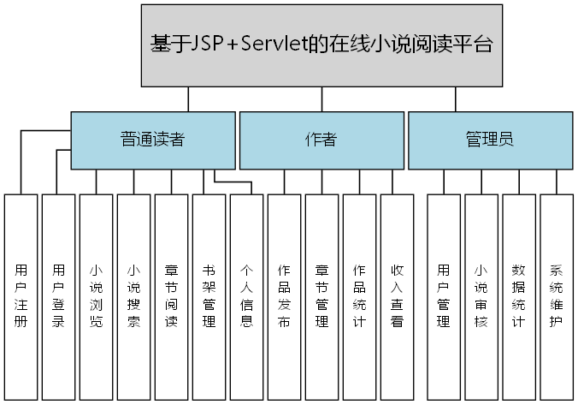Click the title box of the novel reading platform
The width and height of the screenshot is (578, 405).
(x=321, y=45)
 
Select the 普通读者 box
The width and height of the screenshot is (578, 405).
(x=152, y=140)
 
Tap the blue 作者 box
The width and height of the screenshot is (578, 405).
(x=321, y=140)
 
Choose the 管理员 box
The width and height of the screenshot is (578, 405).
(x=489, y=140)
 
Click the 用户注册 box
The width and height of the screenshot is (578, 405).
(x=21, y=296)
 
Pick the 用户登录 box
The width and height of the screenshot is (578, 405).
(x=59, y=296)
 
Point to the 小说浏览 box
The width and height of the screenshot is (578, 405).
(x=97, y=296)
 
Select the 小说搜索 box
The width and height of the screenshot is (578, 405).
(x=134, y=296)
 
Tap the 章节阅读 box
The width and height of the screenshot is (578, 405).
(x=172, y=296)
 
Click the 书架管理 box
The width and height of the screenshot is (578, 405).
(x=209, y=296)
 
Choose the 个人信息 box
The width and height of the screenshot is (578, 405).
(x=247, y=296)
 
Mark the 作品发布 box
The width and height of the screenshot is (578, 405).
(x=285, y=296)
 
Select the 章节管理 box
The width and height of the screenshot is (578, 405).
(x=322, y=296)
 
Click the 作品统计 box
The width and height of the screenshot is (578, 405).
(x=360, y=296)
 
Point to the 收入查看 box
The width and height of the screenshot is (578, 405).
(x=398, y=296)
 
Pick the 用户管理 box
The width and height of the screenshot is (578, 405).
(x=444, y=296)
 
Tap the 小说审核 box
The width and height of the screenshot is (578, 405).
(x=481, y=296)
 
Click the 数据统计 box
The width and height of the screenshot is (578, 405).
(x=519, y=296)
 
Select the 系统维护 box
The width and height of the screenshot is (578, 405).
(x=557, y=296)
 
